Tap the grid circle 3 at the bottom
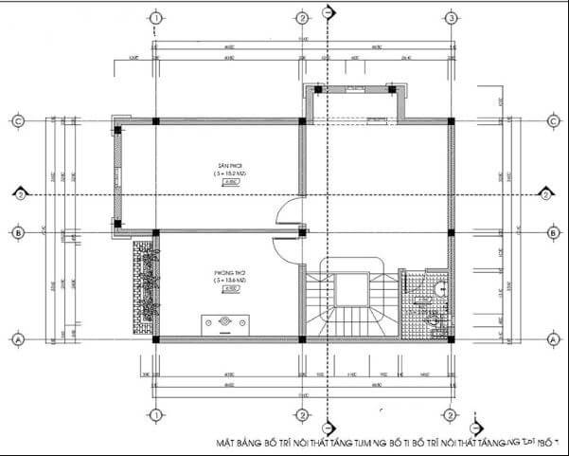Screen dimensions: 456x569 pyautogui.click(x=451, y=416)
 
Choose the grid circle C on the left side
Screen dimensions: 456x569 pyautogui.click(x=16, y=121)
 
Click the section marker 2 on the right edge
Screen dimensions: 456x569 pyautogui.click(x=546, y=194)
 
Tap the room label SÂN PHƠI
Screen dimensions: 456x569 pyautogui.click(x=227, y=165)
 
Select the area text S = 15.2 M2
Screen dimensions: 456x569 pyautogui.click(x=227, y=173)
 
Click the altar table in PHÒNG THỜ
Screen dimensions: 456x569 pyautogui.click(x=225, y=323)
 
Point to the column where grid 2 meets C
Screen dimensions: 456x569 pyautogui.click(x=302, y=121)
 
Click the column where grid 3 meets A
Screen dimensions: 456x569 pyautogui.click(x=451, y=338)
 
